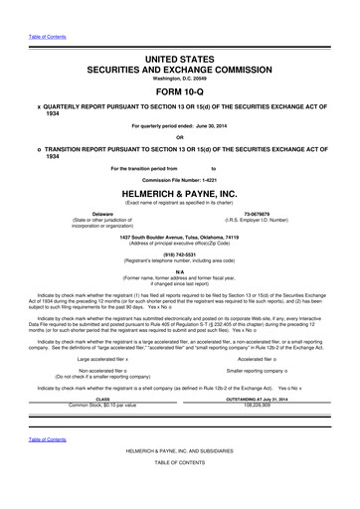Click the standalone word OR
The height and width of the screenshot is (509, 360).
click(180, 138)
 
